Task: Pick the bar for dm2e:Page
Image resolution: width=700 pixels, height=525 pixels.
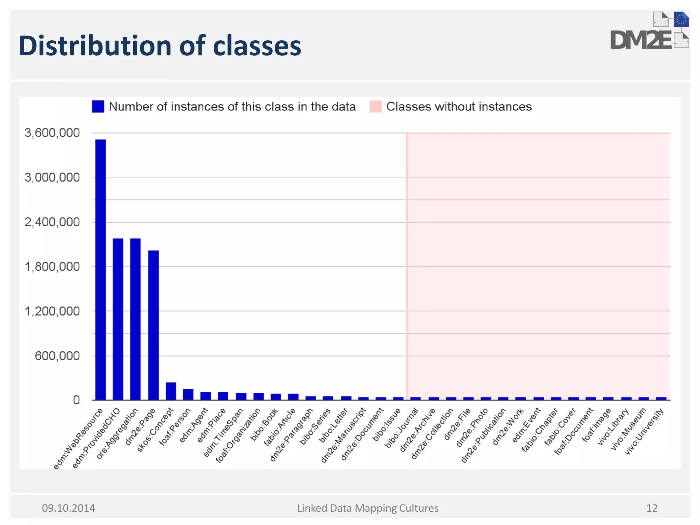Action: pos(153,325)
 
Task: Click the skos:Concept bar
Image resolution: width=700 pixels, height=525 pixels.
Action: pos(171,391)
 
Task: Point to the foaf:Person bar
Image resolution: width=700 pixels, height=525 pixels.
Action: pos(188,394)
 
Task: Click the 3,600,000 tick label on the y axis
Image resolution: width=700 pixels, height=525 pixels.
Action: pos(52,133)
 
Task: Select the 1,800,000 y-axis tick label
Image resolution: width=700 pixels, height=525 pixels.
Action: pos(52,267)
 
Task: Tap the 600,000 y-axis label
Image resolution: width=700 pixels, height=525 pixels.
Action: pos(57,356)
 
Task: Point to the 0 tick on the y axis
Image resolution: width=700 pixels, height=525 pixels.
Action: pos(76,400)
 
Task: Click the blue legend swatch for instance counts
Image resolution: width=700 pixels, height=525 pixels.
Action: pos(98,107)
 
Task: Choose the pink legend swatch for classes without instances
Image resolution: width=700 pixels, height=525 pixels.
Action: pos(375,107)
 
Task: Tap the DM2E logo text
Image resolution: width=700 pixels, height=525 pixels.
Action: pos(641,40)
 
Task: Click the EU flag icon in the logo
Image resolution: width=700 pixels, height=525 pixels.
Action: pos(681,19)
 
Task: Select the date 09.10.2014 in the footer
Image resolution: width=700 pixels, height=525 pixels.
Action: pos(68,508)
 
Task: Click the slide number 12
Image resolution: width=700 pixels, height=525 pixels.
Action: pos(652,508)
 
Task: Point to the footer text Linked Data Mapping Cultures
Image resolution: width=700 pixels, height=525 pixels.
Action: pos(367,508)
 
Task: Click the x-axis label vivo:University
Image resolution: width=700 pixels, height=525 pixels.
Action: pos(645,431)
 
